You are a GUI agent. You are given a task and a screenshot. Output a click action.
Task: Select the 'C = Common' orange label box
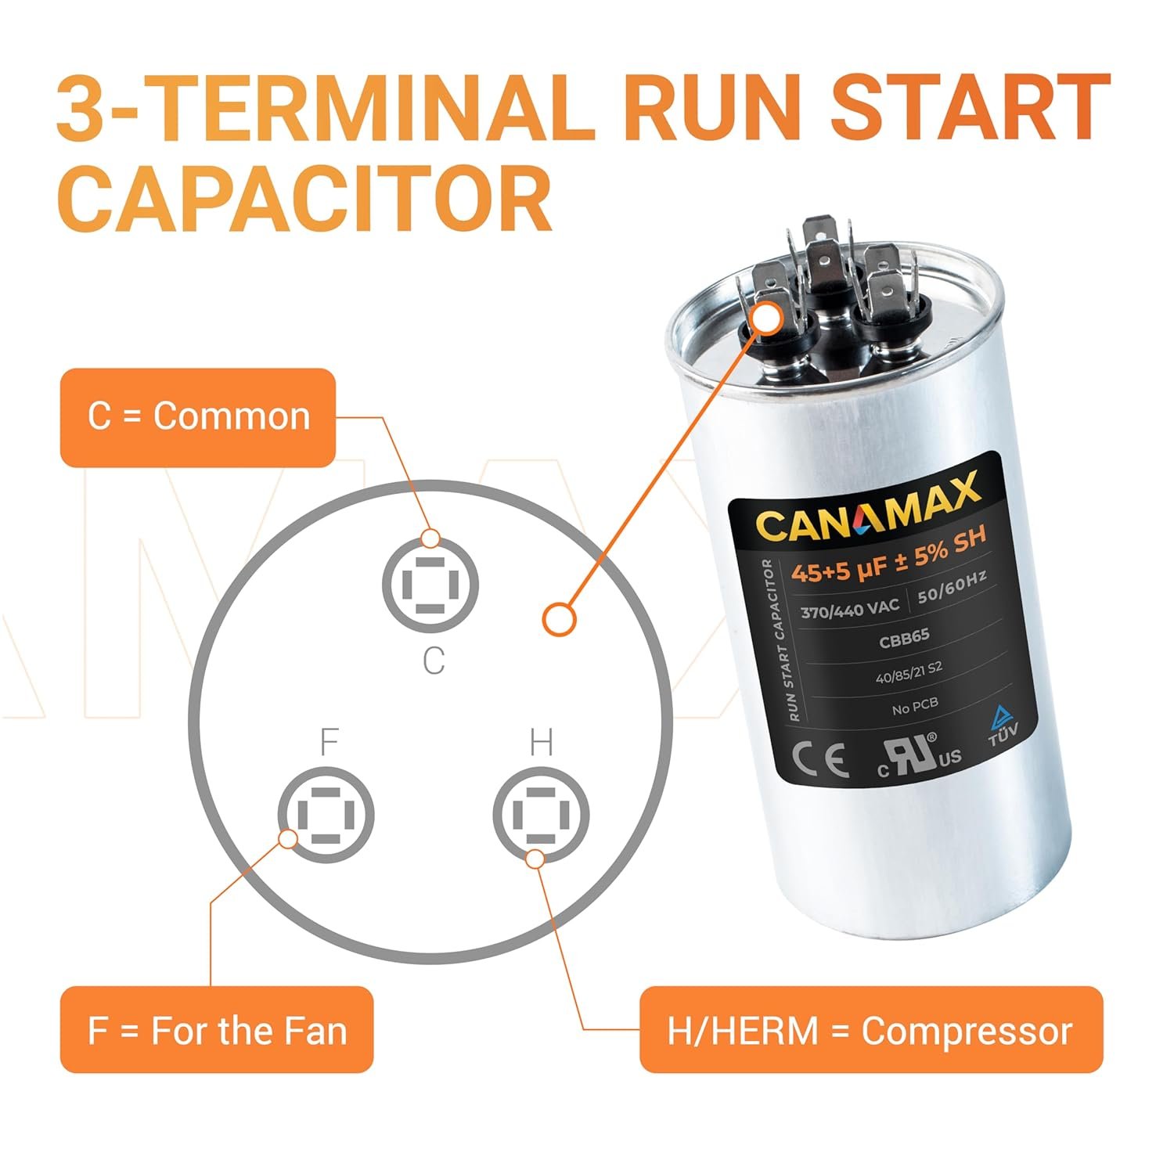click(198, 417)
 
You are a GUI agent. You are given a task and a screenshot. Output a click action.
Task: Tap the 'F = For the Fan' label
click(217, 1029)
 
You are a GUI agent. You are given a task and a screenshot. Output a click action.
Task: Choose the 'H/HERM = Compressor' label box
click(871, 1029)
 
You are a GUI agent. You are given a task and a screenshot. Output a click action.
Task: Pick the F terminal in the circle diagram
click(326, 815)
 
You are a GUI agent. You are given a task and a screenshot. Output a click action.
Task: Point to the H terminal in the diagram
click(540, 815)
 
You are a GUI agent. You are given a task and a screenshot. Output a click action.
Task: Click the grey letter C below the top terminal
click(434, 661)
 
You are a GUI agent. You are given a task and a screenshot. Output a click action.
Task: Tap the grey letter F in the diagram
click(329, 740)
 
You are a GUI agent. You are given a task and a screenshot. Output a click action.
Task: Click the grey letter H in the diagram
click(542, 741)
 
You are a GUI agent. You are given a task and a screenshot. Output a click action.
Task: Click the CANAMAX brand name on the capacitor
click(868, 508)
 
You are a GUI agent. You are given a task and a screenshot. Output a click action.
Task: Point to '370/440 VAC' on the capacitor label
click(850, 607)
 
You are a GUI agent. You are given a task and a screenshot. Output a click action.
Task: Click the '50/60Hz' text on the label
click(952, 587)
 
